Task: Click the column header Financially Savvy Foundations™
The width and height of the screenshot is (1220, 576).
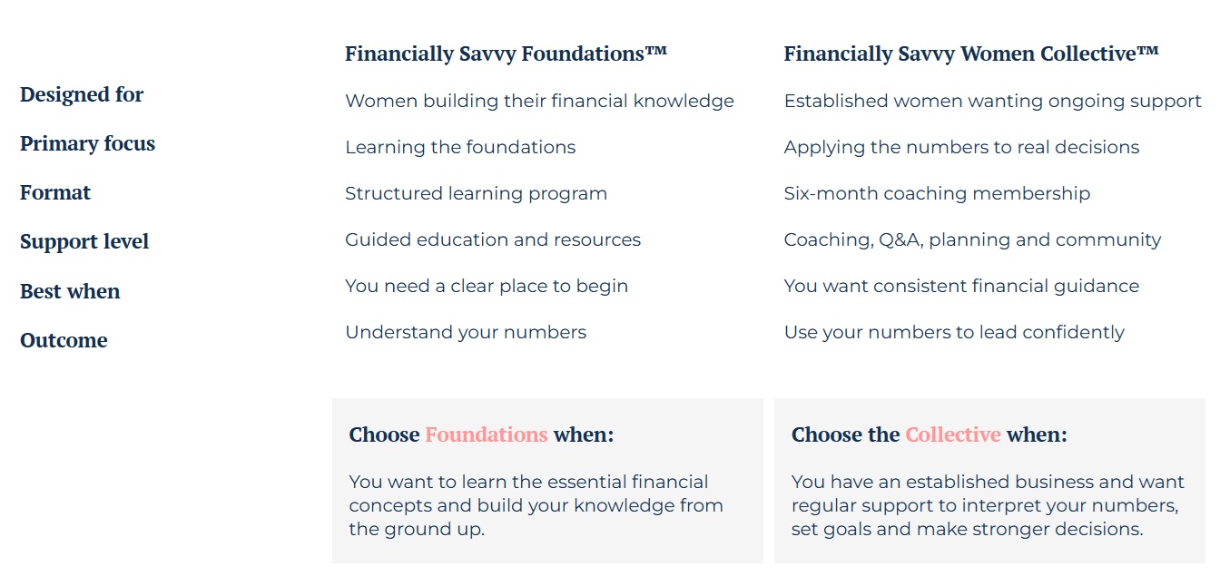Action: (506, 54)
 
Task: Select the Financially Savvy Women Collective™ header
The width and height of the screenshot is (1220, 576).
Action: (971, 54)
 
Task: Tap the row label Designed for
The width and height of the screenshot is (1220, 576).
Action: (82, 94)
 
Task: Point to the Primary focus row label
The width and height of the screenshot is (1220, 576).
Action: (88, 143)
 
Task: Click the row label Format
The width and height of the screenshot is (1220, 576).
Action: (55, 192)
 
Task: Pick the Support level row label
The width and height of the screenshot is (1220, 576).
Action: (84, 241)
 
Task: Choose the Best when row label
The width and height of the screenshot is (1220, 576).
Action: (70, 291)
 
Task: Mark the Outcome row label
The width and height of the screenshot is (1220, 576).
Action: (64, 340)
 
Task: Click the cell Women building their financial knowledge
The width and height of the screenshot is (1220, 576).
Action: (540, 102)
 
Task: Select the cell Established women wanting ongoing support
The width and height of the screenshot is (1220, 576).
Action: (992, 102)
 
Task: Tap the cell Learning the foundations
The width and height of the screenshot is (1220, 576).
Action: (460, 148)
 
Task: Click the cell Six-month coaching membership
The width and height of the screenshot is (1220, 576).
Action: (937, 194)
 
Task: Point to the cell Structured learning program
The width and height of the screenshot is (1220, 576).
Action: (476, 194)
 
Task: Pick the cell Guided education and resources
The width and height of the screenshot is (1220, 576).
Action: (493, 240)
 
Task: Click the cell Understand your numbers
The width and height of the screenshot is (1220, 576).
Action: (466, 333)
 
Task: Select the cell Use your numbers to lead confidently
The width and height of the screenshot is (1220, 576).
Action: (954, 333)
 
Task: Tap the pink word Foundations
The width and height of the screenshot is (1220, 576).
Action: (487, 435)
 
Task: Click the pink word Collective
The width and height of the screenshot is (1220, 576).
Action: (953, 435)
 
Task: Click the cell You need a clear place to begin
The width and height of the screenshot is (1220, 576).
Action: (487, 287)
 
